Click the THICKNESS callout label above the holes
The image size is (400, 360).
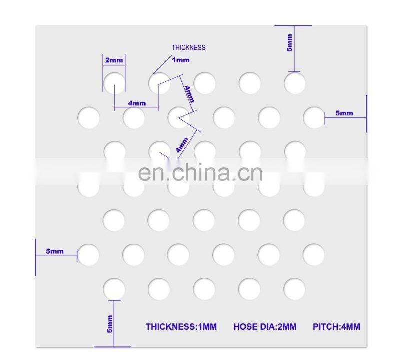click(188, 48)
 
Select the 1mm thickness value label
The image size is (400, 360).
click(180, 60)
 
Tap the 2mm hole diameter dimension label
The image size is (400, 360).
click(114, 60)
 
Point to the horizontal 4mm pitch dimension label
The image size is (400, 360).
click(137, 103)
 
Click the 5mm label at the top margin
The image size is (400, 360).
click(290, 44)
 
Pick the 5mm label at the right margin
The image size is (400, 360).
click(344, 113)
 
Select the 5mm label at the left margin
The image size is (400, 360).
click(55, 251)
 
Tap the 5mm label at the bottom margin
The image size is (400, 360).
click(109, 324)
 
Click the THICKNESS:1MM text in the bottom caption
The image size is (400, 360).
click(181, 327)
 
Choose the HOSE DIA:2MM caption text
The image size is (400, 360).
click(265, 327)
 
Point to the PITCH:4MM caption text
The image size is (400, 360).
click(336, 327)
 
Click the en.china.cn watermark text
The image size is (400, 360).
click(200, 172)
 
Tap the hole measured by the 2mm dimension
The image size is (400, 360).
click(114, 83)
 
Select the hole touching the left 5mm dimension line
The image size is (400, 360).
click(89, 254)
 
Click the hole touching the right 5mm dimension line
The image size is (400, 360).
click(314, 117)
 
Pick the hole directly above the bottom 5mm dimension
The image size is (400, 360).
click(114, 289)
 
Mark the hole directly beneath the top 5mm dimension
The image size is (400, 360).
click(295, 83)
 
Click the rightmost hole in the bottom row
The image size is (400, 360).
click(295, 289)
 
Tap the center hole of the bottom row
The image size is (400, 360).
click(204, 289)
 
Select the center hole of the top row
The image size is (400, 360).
click(204, 83)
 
